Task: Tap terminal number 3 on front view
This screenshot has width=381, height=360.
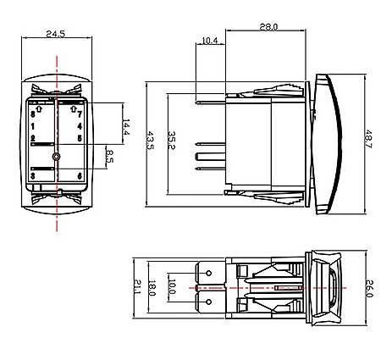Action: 32,176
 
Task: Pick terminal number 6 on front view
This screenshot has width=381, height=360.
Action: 80,176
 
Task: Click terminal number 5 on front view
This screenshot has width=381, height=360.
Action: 80,137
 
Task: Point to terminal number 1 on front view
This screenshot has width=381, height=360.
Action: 32,125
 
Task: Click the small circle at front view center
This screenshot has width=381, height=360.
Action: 56,158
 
